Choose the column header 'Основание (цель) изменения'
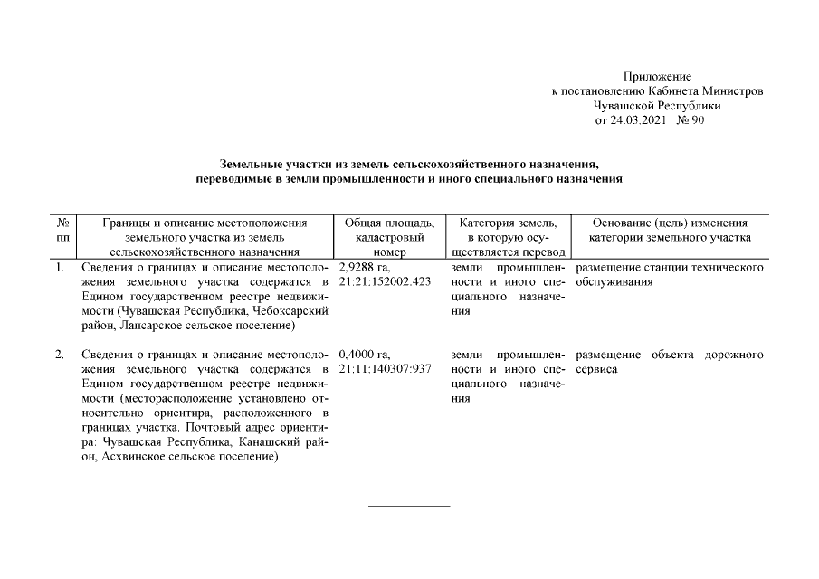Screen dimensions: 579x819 [669, 223]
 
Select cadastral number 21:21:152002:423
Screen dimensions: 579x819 [386, 283]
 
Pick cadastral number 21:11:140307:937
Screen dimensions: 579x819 [386, 369]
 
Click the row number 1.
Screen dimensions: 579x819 [59, 269]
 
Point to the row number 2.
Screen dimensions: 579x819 [59, 355]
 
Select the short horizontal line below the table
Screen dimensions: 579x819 [409, 505]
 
